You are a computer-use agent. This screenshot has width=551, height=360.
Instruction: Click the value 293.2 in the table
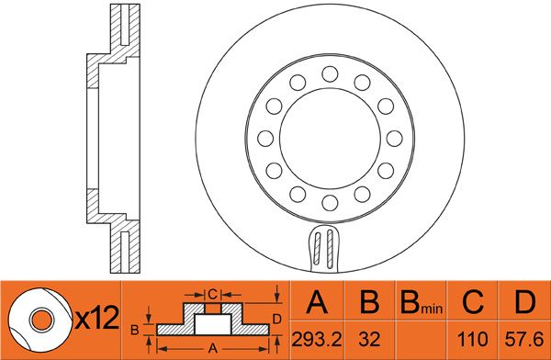317,340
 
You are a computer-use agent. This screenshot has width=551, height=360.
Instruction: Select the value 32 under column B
370,340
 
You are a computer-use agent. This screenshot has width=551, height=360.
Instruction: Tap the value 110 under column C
472,340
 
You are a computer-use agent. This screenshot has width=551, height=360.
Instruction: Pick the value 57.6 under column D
524,340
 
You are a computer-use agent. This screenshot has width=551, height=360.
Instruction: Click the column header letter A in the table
317,302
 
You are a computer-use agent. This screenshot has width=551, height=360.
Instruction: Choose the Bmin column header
422,302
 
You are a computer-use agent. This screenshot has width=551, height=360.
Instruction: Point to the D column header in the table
524,302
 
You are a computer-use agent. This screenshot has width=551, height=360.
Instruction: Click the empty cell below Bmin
421,340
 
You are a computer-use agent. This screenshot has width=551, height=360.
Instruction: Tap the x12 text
97,318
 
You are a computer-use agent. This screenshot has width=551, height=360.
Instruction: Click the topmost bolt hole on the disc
330,74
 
